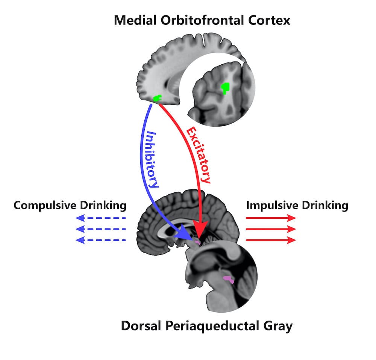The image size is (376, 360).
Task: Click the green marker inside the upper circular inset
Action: coord(225,88)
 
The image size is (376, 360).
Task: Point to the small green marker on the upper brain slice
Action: coord(157,98)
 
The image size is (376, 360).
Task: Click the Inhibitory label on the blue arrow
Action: coord(152,159)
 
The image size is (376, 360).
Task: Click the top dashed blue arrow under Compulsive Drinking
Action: coord(100,218)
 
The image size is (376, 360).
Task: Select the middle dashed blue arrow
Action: coord(100,229)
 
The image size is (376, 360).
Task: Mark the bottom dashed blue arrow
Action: coord(100,240)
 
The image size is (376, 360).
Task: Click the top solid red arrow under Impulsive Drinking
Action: coord(271,218)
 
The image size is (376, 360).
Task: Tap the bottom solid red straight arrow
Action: coord(271,240)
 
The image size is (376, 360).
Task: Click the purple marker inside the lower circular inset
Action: coord(228,279)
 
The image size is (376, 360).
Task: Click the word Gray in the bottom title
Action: coord(278,326)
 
